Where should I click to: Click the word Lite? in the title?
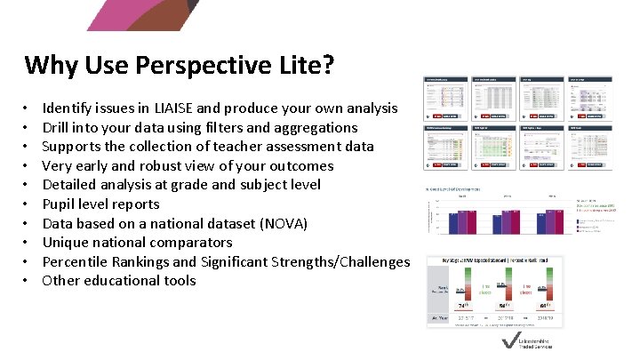point(305,66)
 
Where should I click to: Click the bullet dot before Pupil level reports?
point(28,204)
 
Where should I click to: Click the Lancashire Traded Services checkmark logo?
point(508,342)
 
